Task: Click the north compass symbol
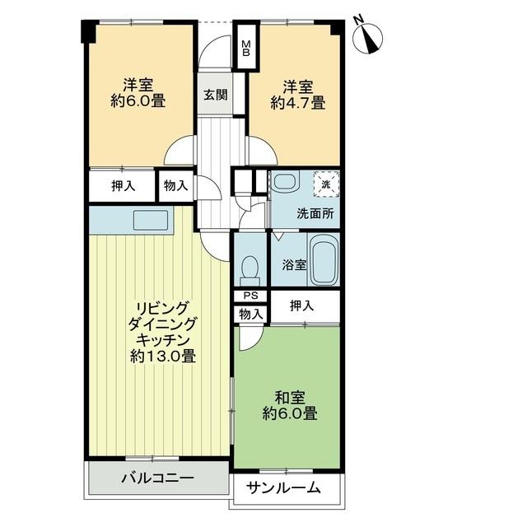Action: tap(368, 38)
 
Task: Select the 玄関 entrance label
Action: tap(216, 94)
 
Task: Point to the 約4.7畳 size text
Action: tap(296, 104)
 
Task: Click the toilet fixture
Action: tap(249, 268)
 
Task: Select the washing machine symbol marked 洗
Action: tap(325, 185)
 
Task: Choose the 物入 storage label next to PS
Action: tap(251, 314)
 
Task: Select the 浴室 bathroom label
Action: tap(294, 265)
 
